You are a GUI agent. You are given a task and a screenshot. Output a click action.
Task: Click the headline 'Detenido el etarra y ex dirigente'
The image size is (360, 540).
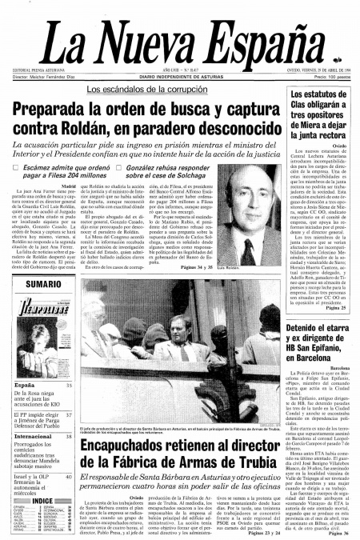pyautogui.click(x=318, y=337)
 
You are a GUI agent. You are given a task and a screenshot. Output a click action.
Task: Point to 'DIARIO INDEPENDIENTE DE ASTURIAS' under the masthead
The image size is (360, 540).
pyautogui.click(x=181, y=75)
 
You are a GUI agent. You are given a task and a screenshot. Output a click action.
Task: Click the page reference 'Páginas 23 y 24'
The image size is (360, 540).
pyautogui.click(x=254, y=533)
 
